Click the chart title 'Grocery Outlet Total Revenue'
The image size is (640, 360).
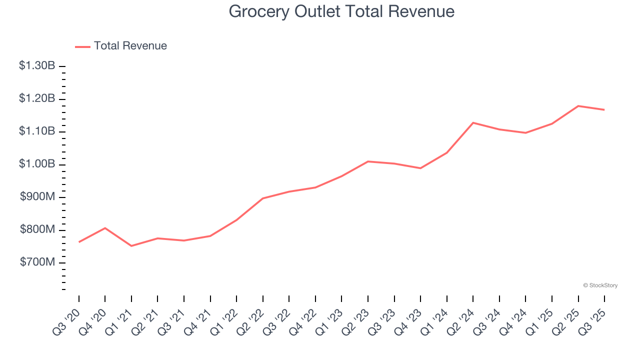(x=341, y=11)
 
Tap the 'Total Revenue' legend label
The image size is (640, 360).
(x=130, y=46)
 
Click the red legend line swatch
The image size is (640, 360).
(x=82, y=46)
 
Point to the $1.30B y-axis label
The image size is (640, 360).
(x=37, y=65)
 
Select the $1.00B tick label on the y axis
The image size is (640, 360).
(x=37, y=164)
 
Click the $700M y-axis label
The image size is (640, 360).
(x=37, y=262)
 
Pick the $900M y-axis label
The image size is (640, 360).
(x=37, y=197)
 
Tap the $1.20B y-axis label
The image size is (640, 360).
(x=37, y=98)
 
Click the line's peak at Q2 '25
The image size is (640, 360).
(x=578, y=106)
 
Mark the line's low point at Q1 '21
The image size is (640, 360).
(x=131, y=246)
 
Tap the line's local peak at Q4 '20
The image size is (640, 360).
(x=105, y=228)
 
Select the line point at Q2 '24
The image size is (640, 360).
(x=473, y=122)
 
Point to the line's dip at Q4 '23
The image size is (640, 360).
(x=420, y=168)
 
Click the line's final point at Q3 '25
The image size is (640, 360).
(x=604, y=109)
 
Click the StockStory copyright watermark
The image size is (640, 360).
(x=600, y=285)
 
